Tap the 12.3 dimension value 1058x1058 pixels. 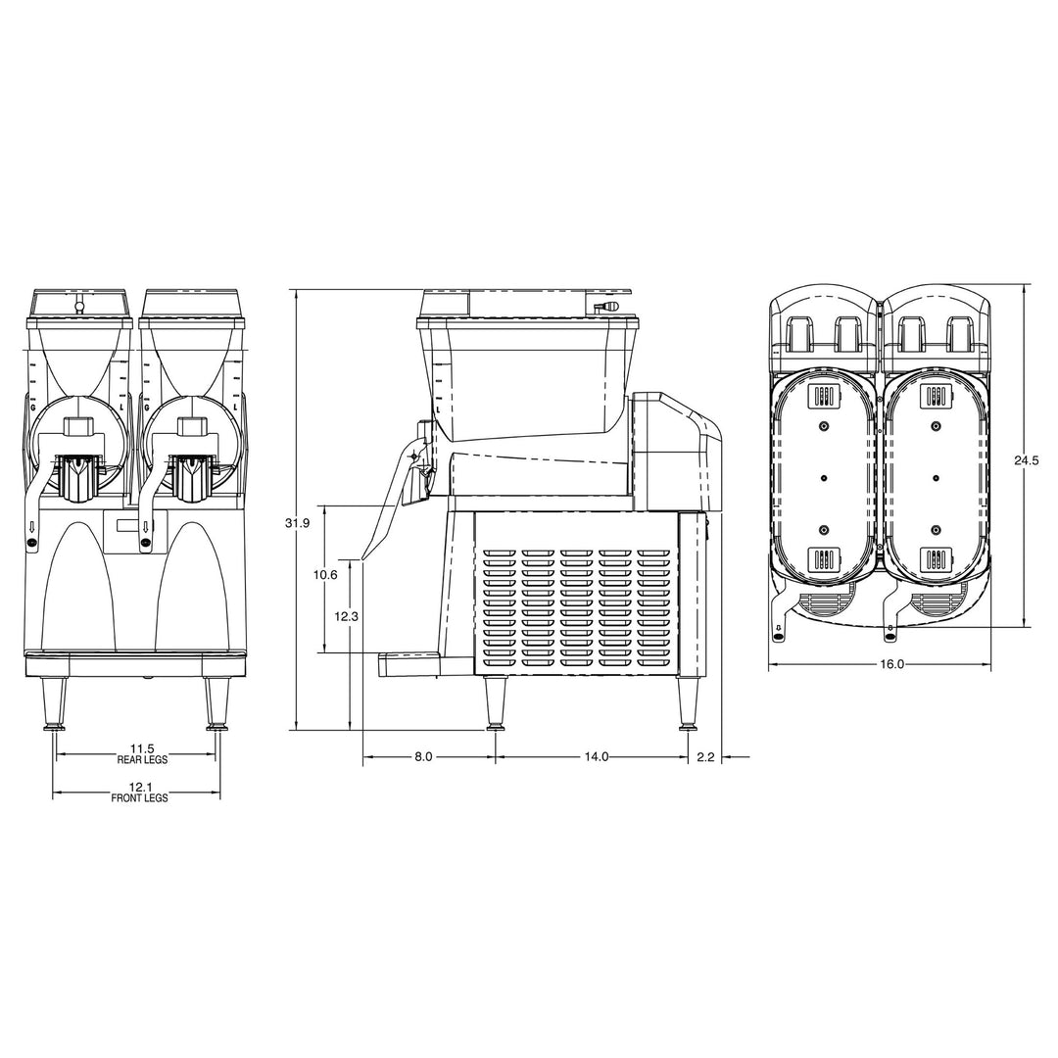point(346,616)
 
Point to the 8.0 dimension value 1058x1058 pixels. point(423,757)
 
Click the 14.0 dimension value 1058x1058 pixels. point(597,757)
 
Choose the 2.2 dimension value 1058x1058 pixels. point(705,757)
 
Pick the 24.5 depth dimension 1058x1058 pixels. point(1027,460)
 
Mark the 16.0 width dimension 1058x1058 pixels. point(891,664)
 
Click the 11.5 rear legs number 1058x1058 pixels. point(142,748)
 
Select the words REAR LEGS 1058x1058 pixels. point(142,760)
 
